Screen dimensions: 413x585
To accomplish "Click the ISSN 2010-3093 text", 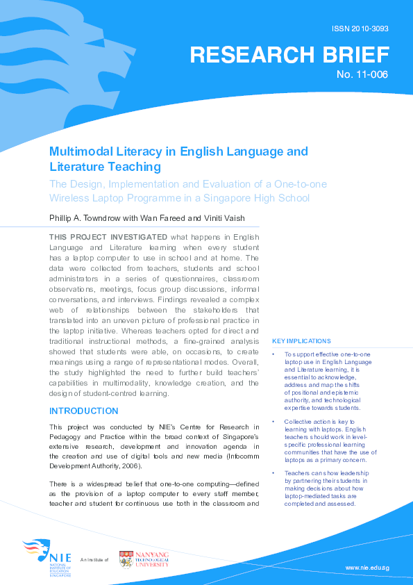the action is (362, 29).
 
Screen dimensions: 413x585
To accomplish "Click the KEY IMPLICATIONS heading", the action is (302, 341).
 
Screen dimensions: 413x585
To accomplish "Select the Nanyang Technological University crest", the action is (126, 559).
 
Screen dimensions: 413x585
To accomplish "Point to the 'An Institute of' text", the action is (95, 559).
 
